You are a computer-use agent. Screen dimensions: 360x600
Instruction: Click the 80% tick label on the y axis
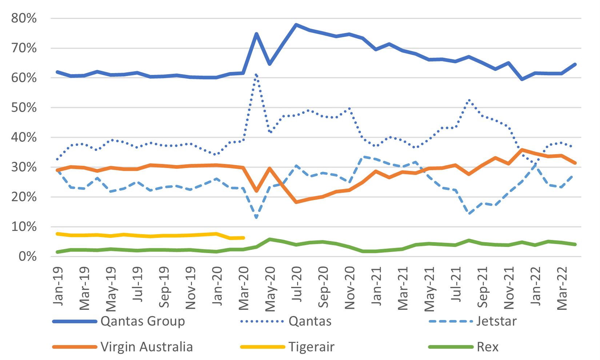coord(24,18)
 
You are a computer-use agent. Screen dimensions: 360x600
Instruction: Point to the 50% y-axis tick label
coord(24,108)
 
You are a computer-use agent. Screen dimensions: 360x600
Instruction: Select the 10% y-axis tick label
coord(24,227)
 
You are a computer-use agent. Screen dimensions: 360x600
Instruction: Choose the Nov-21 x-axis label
coord(509,288)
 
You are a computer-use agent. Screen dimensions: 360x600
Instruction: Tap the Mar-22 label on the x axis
coord(562,288)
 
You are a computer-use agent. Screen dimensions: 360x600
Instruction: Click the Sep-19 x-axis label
coord(164,287)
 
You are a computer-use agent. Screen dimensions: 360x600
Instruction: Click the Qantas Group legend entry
coord(143,321)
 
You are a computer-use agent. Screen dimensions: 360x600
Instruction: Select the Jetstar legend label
coord(496,321)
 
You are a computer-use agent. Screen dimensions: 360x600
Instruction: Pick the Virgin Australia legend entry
coord(147,347)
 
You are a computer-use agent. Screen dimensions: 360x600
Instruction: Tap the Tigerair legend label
coord(311,347)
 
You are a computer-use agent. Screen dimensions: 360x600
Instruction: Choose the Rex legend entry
coord(488,347)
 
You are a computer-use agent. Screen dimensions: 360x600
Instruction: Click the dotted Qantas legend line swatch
coord(262,321)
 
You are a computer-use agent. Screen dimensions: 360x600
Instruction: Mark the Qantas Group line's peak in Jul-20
coord(296,25)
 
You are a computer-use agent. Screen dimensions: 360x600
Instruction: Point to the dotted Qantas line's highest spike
coord(256,75)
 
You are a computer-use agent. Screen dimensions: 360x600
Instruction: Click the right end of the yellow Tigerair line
coord(243,238)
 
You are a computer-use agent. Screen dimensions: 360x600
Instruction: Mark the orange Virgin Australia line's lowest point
coord(296,202)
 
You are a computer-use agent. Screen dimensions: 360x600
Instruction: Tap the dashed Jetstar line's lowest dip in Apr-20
coord(256,217)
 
